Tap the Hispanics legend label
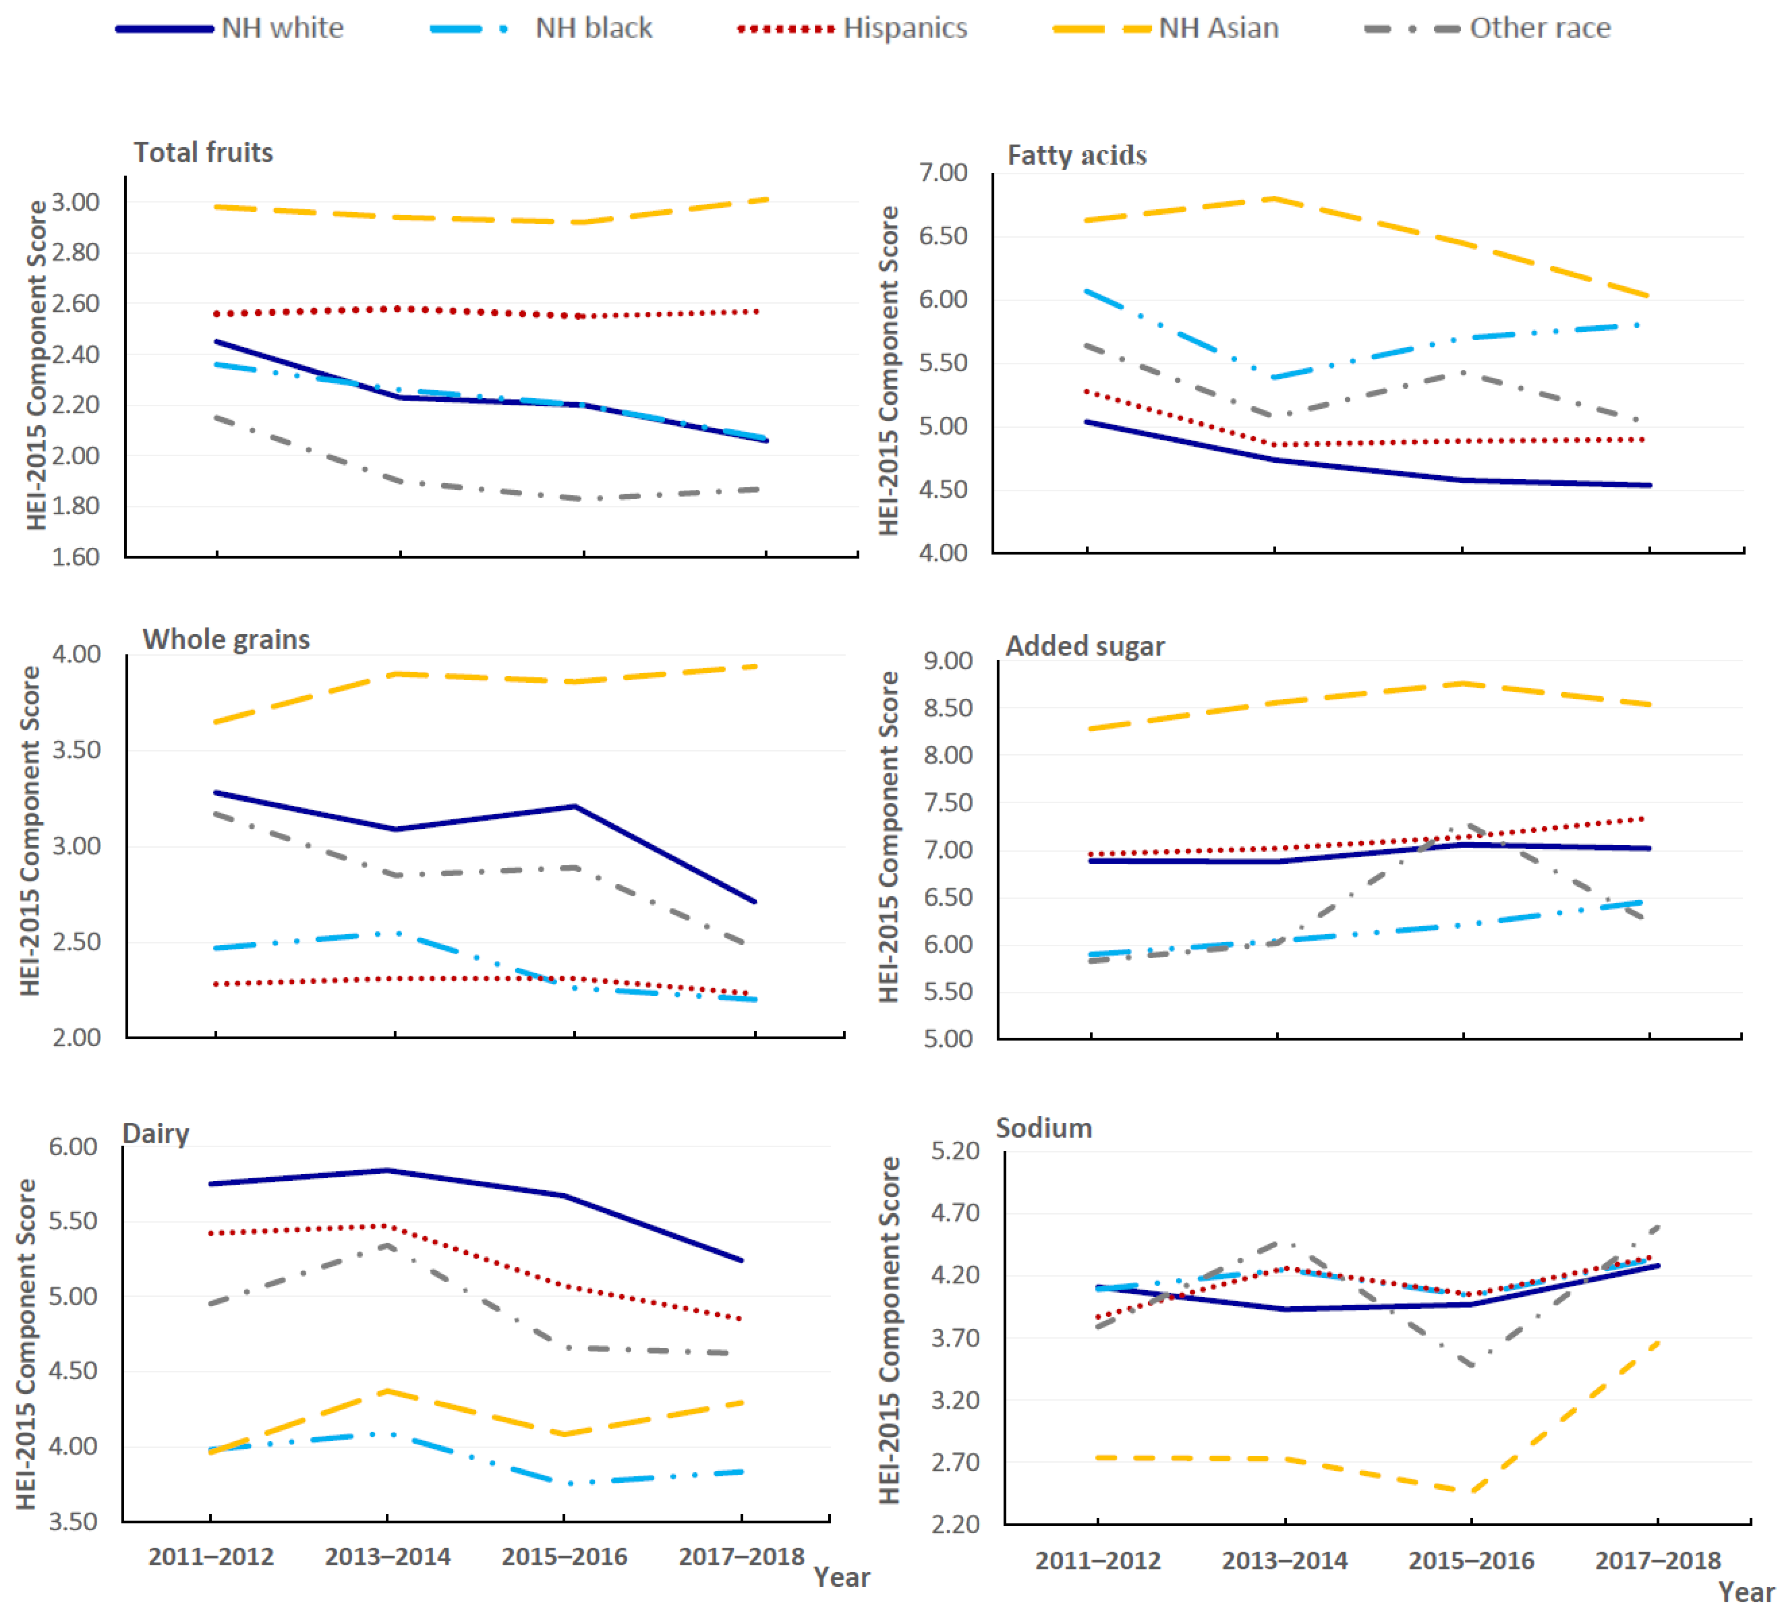coord(905,28)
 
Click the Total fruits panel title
coord(203,153)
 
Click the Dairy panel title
coord(155,1133)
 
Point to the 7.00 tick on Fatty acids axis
coord(943,172)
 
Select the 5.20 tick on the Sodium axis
coord(955,1150)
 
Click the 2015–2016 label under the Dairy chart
coord(564,1556)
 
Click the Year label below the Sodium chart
coord(1745,1592)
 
